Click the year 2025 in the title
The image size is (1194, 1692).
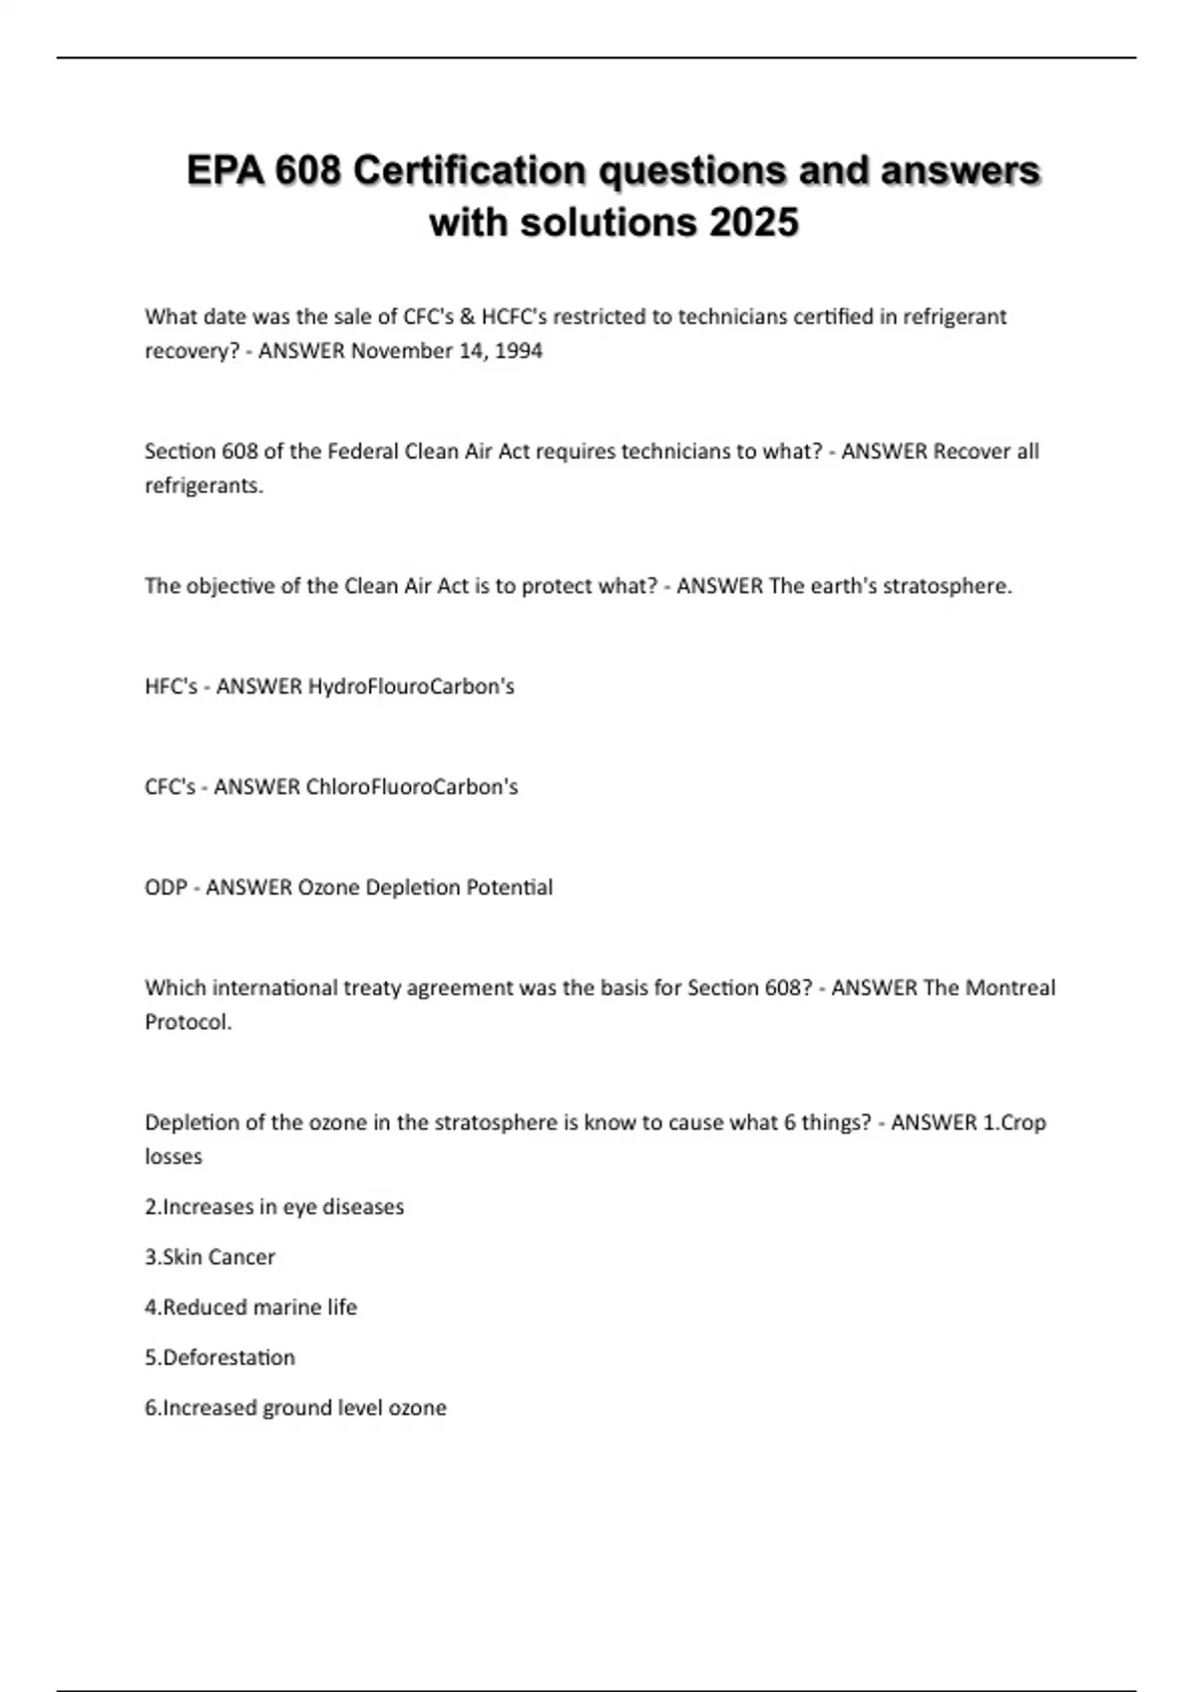[x=753, y=222]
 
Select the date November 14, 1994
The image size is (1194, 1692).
[x=447, y=350]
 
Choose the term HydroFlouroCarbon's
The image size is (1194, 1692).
[x=411, y=686]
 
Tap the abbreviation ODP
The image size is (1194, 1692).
[x=165, y=887]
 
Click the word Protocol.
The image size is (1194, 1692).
[x=188, y=1022]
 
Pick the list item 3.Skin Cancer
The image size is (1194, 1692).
[x=210, y=1257]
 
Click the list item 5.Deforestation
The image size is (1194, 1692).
[x=220, y=1358]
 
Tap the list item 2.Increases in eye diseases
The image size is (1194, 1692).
[x=275, y=1206]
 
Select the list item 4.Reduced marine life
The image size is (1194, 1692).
[x=251, y=1307]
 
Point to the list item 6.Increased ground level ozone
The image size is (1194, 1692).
[x=296, y=1407]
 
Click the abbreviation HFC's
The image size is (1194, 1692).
[x=171, y=686]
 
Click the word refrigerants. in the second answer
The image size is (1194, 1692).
[x=204, y=486]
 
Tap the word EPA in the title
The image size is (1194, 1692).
[x=224, y=170]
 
